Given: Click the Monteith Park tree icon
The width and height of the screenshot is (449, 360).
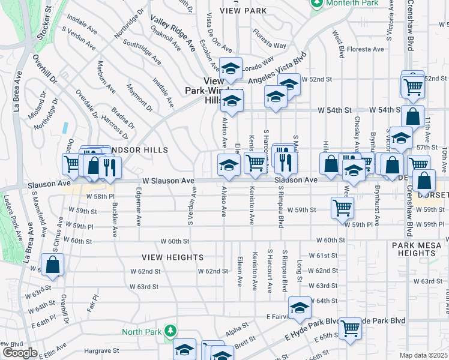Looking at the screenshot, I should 316,4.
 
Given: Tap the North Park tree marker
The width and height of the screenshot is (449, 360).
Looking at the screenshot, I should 170,331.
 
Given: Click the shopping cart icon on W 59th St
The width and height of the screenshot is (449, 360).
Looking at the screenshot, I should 342,208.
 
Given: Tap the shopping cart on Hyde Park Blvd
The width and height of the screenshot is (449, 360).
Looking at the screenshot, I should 350,328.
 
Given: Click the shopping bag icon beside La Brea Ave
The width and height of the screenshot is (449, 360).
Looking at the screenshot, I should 52,264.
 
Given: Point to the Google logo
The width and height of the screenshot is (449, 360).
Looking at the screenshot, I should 20,353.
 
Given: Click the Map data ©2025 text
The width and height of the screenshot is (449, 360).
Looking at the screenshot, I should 423,355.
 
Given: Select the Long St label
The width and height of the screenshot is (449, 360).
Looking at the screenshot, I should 300,265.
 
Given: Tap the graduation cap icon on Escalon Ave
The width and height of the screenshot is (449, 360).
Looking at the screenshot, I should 229,71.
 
